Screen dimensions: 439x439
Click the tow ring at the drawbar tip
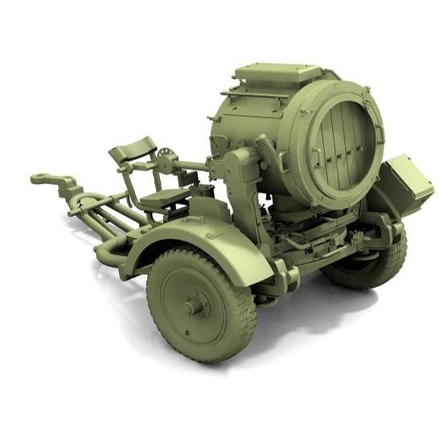coord(42,178)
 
